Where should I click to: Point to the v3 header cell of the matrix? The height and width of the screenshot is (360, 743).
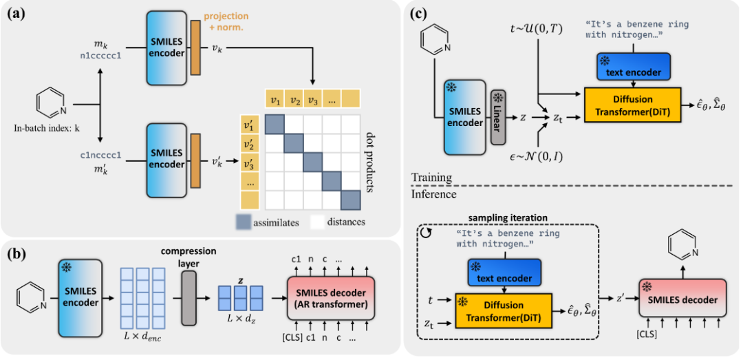313,100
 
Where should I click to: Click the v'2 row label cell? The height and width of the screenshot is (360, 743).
248,146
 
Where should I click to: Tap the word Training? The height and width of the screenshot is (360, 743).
431,178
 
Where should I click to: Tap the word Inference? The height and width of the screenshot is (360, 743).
433,194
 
